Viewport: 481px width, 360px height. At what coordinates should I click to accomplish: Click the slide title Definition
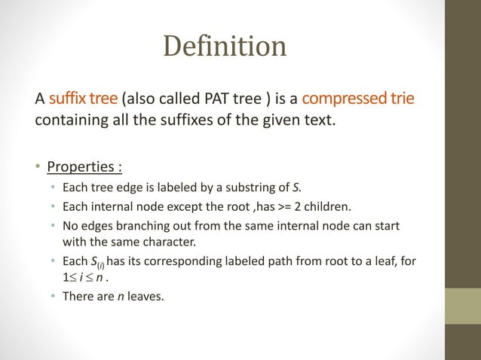[225, 47]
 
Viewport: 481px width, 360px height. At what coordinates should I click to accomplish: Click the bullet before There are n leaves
[53, 297]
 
